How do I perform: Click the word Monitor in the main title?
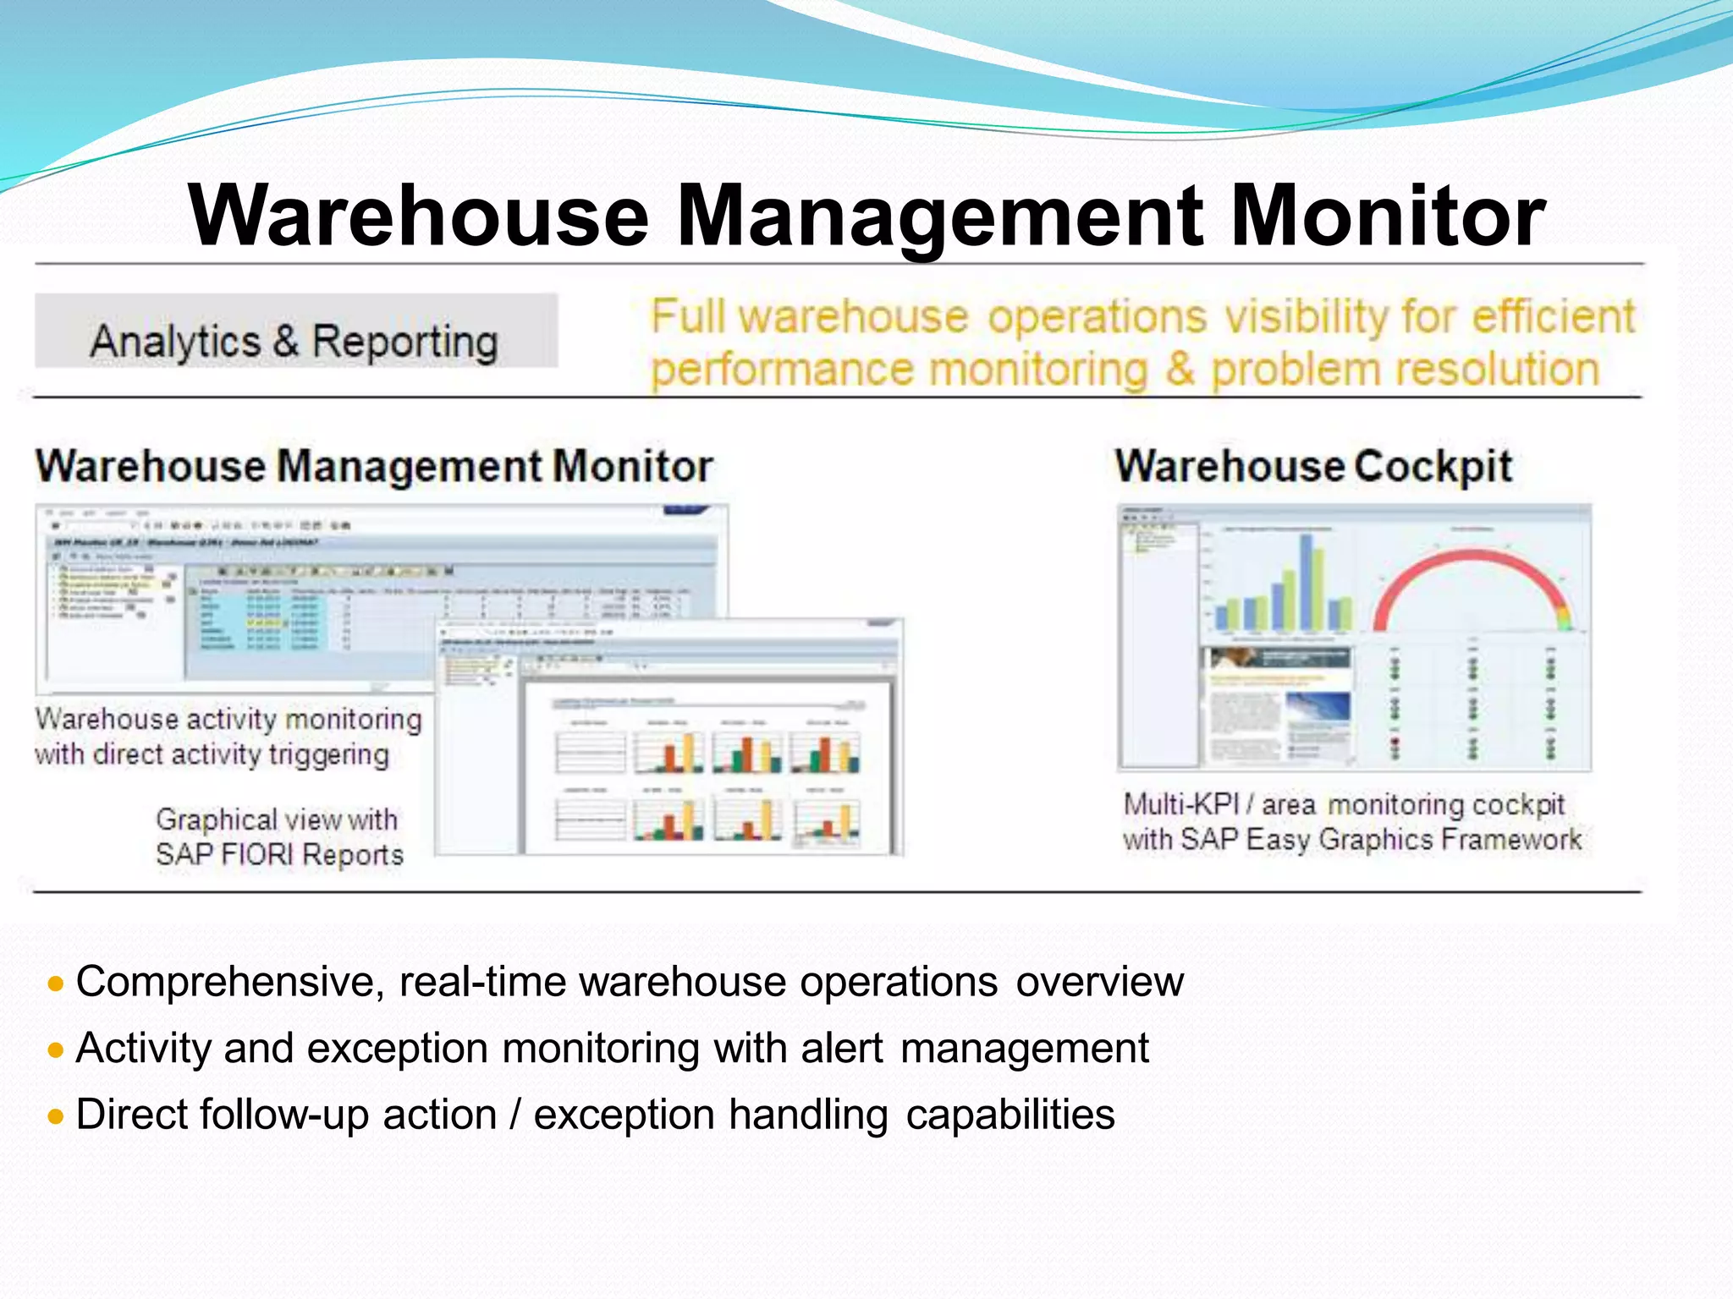click(1388, 216)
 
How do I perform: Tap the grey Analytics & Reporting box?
click(295, 331)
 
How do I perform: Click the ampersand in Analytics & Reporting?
click(286, 342)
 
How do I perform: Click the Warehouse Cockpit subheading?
click(1313, 466)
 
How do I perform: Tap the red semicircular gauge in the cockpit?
click(1472, 584)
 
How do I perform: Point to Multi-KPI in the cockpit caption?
click(1180, 804)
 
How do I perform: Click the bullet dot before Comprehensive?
click(56, 984)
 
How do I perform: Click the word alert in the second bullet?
click(842, 1049)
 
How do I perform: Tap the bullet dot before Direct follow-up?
click(56, 1116)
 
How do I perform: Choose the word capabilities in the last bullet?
click(1010, 1115)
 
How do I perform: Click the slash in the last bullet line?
click(514, 1115)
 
